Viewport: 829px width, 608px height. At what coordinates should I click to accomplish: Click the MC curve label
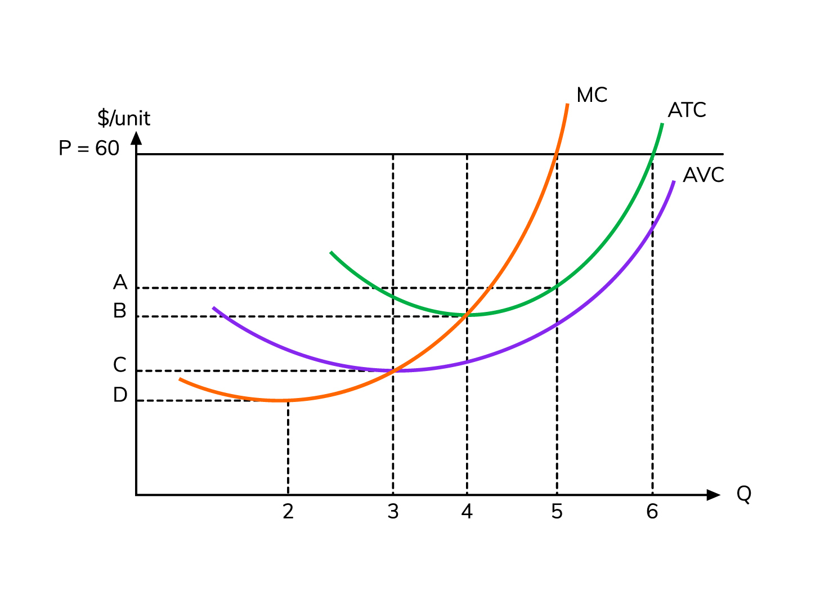(x=591, y=95)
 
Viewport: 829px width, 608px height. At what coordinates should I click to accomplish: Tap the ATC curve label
(x=687, y=110)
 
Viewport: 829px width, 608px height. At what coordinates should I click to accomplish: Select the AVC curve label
(x=703, y=175)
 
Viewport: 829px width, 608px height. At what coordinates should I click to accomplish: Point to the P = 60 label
(x=89, y=149)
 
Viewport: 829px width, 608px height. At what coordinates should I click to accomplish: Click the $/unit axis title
(x=124, y=118)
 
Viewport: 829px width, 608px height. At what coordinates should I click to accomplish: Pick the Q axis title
(x=743, y=494)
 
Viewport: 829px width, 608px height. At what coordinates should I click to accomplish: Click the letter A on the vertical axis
(x=120, y=282)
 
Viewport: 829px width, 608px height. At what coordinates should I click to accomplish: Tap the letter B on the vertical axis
(x=120, y=311)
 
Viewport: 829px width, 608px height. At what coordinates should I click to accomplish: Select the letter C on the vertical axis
(x=120, y=365)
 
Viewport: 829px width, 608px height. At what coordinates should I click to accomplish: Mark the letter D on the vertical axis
(x=120, y=395)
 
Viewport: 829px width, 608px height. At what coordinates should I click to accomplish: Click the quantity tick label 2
(x=288, y=512)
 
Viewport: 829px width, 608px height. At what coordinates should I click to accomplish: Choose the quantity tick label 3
(x=393, y=512)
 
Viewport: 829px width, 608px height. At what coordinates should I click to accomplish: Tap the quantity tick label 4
(x=467, y=512)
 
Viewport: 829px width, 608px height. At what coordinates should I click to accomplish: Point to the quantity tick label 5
(x=557, y=512)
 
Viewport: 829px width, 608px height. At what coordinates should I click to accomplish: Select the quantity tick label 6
(x=652, y=512)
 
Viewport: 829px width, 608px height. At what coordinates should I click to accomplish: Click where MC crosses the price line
(x=557, y=154)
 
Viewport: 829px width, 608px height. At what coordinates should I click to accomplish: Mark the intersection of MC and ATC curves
(x=467, y=315)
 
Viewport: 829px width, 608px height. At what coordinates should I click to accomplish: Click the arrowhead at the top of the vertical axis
(x=136, y=137)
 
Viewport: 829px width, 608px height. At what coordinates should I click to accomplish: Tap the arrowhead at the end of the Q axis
(x=714, y=495)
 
